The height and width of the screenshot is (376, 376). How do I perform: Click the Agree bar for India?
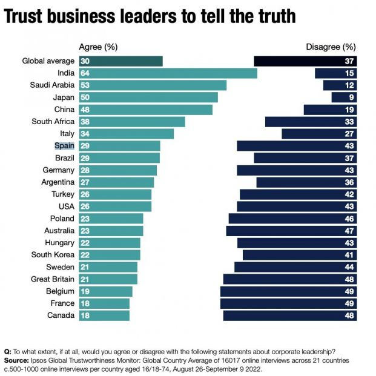[x=168, y=73]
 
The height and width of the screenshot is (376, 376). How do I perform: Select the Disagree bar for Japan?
[x=344, y=97]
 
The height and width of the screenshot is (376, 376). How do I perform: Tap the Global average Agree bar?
[x=121, y=61]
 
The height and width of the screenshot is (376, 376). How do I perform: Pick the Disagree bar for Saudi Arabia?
[x=340, y=85]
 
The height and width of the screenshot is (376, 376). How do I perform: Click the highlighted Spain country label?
[x=64, y=146]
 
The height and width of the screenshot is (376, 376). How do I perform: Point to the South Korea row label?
[x=53, y=255]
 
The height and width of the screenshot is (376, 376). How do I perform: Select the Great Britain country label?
[x=53, y=279]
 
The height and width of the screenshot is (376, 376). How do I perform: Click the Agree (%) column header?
[x=99, y=47]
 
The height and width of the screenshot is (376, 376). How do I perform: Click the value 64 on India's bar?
[x=85, y=73]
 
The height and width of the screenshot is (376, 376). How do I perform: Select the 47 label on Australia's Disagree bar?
[x=349, y=231]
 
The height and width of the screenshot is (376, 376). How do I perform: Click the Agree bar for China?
[x=146, y=110]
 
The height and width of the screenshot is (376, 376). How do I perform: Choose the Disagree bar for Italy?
[x=319, y=134]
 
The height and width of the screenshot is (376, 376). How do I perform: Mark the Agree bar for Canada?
[x=104, y=315]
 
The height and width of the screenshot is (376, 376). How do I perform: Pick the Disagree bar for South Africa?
[x=311, y=122]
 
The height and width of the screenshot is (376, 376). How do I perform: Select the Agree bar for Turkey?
[x=115, y=194]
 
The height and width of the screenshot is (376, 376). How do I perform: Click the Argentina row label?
[x=58, y=182]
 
